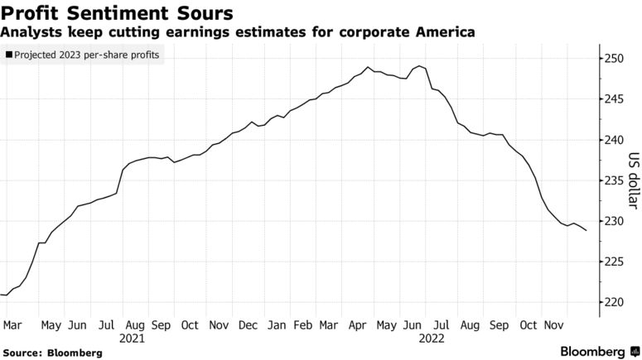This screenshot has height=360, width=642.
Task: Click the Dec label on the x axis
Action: (x=248, y=325)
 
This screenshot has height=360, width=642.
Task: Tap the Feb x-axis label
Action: (x=304, y=325)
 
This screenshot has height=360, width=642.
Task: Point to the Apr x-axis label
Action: (x=358, y=325)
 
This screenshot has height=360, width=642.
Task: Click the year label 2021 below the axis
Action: (x=133, y=338)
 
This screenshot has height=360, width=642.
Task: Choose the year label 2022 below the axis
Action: (x=432, y=338)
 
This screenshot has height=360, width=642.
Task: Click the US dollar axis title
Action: (x=634, y=180)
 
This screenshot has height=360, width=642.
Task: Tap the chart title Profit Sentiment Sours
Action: (x=117, y=13)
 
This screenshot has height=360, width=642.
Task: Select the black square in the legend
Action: (x=8, y=55)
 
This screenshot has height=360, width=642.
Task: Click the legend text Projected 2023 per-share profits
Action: (x=88, y=55)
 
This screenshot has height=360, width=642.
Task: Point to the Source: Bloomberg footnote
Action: (x=53, y=353)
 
